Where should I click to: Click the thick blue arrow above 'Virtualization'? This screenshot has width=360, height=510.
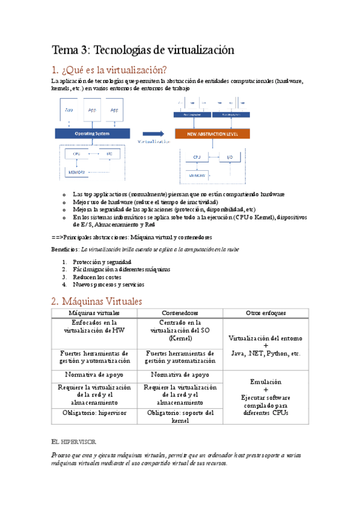coord(153,134)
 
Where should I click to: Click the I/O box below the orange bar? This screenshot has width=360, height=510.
coord(230,158)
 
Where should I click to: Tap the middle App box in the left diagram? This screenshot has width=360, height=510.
coord(93,111)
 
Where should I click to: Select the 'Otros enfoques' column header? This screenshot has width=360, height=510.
coord(266,313)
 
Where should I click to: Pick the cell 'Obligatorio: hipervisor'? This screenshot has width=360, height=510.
coord(94,413)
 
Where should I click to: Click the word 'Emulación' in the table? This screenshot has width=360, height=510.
coord(266,381)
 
